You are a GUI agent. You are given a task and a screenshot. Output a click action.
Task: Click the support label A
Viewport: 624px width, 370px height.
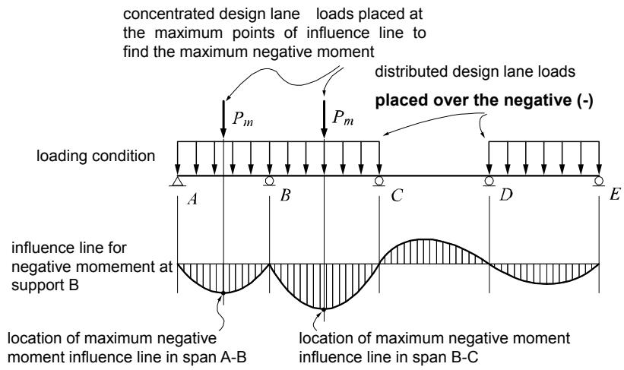192,199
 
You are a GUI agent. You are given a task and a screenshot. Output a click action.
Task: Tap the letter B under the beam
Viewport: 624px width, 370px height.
285,195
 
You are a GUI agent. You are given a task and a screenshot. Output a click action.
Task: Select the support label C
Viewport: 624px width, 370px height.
397,195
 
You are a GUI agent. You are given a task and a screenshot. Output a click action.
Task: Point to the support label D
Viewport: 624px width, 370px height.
505,195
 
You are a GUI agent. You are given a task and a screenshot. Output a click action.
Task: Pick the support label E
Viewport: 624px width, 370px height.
615,195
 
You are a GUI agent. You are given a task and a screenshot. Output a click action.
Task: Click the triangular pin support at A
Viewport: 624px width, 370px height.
178,182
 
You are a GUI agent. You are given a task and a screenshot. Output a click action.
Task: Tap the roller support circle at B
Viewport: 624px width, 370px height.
269,181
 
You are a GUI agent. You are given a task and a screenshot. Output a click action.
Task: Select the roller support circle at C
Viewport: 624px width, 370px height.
379,181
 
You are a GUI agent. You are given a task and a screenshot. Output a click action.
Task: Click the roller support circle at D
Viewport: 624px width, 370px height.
489,181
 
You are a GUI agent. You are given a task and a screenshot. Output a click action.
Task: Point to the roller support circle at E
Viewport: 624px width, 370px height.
598,181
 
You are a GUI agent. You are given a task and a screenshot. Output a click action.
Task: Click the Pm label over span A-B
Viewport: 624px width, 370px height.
242,119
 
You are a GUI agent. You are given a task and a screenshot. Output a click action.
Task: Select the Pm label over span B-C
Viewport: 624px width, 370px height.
343,117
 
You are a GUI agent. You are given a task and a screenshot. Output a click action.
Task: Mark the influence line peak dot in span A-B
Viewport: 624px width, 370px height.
223,293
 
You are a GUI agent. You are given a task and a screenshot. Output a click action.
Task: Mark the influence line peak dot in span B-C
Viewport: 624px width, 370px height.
324,309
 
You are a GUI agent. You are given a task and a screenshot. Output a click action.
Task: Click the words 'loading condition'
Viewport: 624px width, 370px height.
96,156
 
